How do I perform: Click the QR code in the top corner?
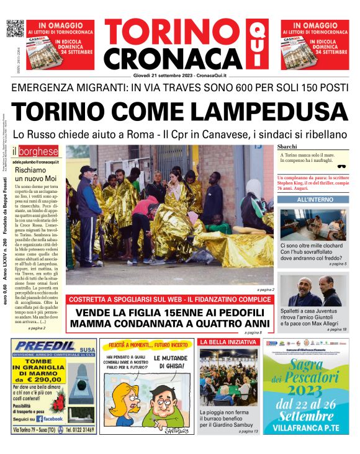[x=15, y=29]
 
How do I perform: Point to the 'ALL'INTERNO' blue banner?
[x=313, y=200]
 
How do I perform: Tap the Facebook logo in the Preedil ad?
[x=56, y=419]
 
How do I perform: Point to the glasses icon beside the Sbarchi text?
[x=341, y=166]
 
